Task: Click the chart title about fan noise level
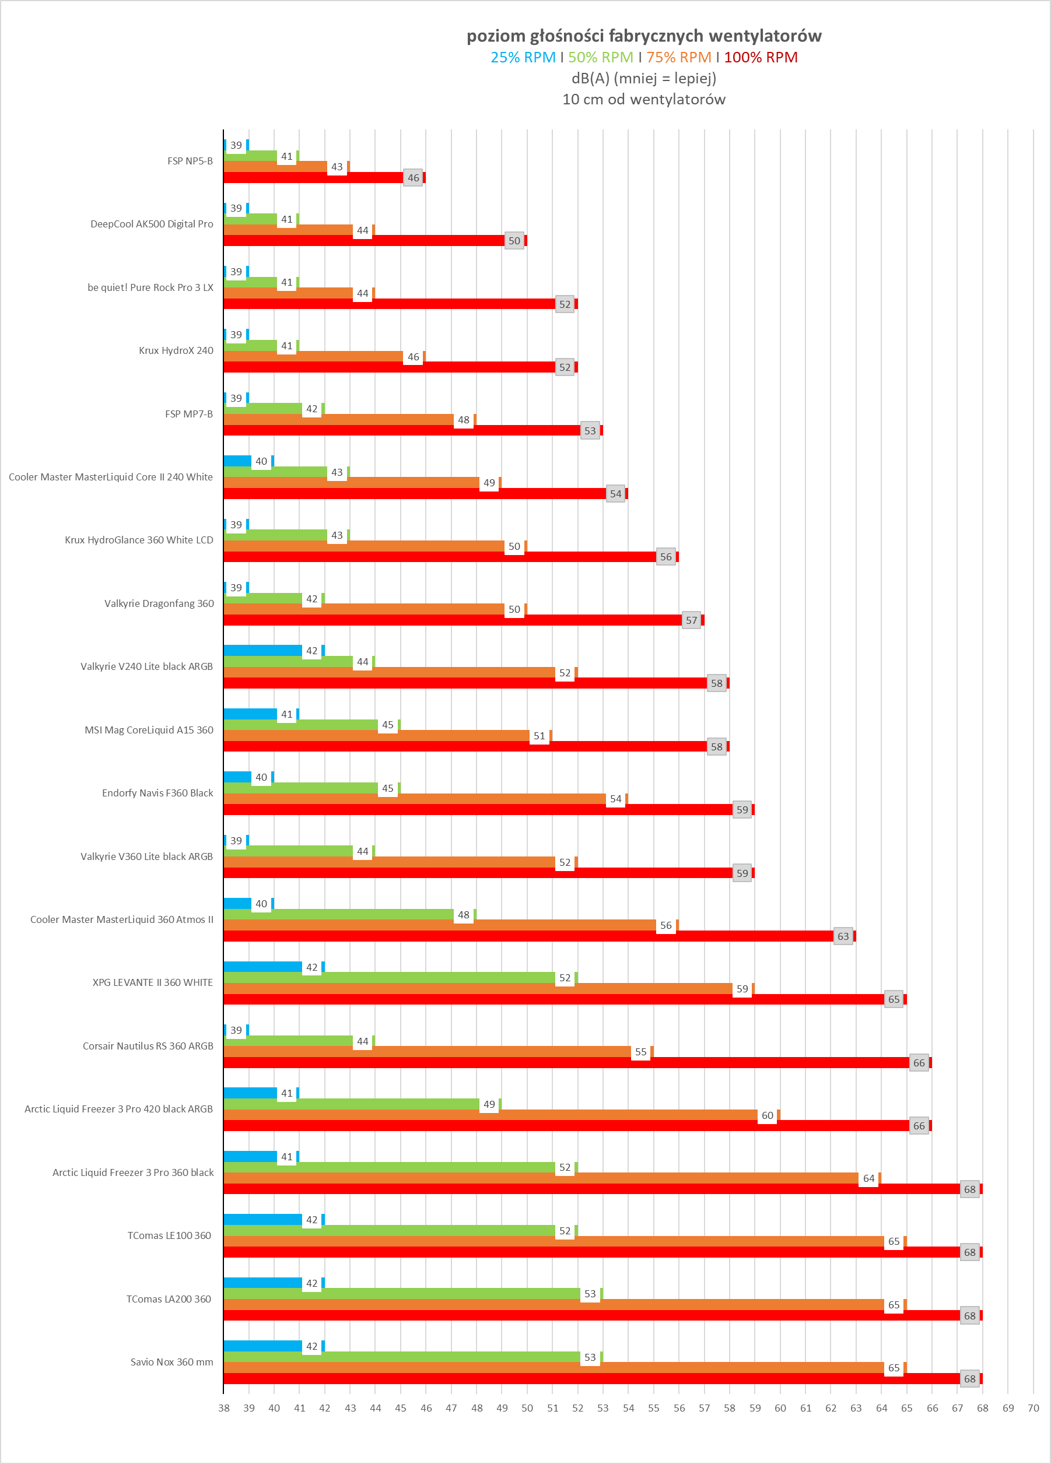pyautogui.click(x=644, y=36)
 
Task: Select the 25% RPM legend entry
pyautogui.click(x=523, y=58)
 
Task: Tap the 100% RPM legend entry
pyautogui.click(x=761, y=58)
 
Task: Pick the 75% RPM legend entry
pyautogui.click(x=678, y=58)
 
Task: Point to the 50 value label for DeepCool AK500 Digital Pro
pyautogui.click(x=514, y=241)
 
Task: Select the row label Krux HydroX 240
pyautogui.click(x=176, y=350)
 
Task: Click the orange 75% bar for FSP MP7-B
pyautogui.click(x=339, y=420)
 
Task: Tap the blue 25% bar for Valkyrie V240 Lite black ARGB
pyautogui.click(x=262, y=651)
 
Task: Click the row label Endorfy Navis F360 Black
pyautogui.click(x=157, y=794)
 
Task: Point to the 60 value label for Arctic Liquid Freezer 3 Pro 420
pyautogui.click(x=767, y=1116)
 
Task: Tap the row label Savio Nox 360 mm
pyautogui.click(x=171, y=1362)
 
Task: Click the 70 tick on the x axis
pyautogui.click(x=1033, y=1409)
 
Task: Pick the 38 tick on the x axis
pyautogui.click(x=224, y=1409)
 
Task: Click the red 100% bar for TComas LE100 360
pyautogui.click(x=591, y=1252)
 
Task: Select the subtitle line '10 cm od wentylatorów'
pyautogui.click(x=644, y=99)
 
